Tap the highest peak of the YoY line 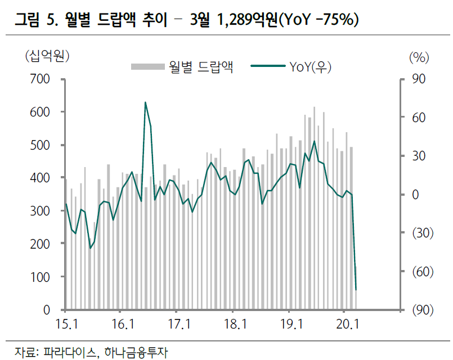[x=145, y=102]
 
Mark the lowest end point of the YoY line [x=356, y=290]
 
